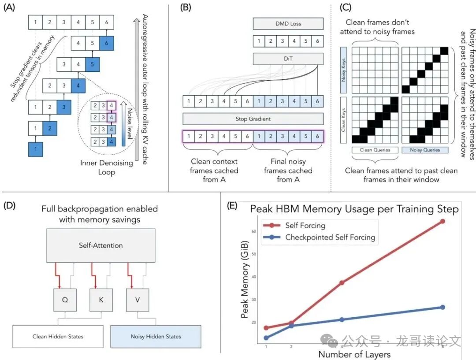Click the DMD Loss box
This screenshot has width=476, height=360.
pos(288,23)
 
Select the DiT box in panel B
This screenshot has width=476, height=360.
pos(288,59)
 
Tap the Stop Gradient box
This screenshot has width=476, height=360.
pos(253,119)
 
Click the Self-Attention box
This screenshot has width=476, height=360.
pos(100,245)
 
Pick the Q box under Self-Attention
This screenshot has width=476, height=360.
pos(65,300)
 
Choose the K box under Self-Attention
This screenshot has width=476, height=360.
pos(100,300)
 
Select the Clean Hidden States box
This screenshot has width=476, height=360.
pos(58,337)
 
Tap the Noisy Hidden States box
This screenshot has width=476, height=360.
pos(156,337)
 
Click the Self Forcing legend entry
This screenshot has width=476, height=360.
pos(305,226)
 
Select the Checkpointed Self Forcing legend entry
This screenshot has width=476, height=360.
pos(330,237)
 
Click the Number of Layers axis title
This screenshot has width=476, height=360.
pos(354,354)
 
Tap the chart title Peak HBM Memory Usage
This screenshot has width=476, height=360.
pos(354,208)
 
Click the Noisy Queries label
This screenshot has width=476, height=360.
pos(425,150)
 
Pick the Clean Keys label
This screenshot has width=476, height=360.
pos(344,118)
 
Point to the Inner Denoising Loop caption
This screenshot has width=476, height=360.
pos(106,168)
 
